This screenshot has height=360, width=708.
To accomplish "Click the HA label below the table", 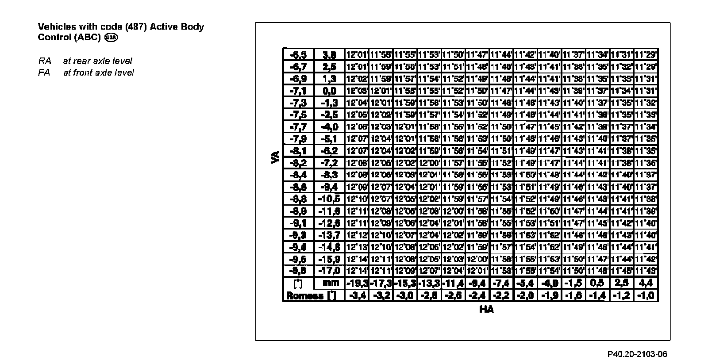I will [x=486, y=309].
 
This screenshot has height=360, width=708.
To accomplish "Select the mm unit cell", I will [x=330, y=283].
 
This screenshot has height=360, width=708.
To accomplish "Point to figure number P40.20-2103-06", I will [x=637, y=354].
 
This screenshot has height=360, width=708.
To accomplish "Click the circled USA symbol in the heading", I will [x=111, y=38].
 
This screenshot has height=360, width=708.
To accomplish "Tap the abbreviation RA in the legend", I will [x=44, y=61].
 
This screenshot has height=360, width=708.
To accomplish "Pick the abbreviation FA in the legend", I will [x=44, y=73].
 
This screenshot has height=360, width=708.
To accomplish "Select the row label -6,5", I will [x=298, y=55].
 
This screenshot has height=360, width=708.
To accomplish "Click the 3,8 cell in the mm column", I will [x=330, y=55].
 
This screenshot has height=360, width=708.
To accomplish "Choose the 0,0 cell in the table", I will [x=330, y=91].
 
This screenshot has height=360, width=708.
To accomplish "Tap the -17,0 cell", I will [x=330, y=270].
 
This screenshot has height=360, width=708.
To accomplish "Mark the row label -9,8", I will [x=298, y=270].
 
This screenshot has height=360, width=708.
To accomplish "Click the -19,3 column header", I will [x=357, y=283].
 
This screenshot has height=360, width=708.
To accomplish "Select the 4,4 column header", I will [x=646, y=283].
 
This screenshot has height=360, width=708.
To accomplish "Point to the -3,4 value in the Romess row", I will [x=357, y=295].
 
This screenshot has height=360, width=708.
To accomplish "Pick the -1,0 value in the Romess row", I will [x=646, y=295].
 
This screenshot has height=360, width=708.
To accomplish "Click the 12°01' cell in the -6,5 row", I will [x=357, y=55].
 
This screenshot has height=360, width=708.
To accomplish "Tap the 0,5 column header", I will [x=597, y=283].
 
